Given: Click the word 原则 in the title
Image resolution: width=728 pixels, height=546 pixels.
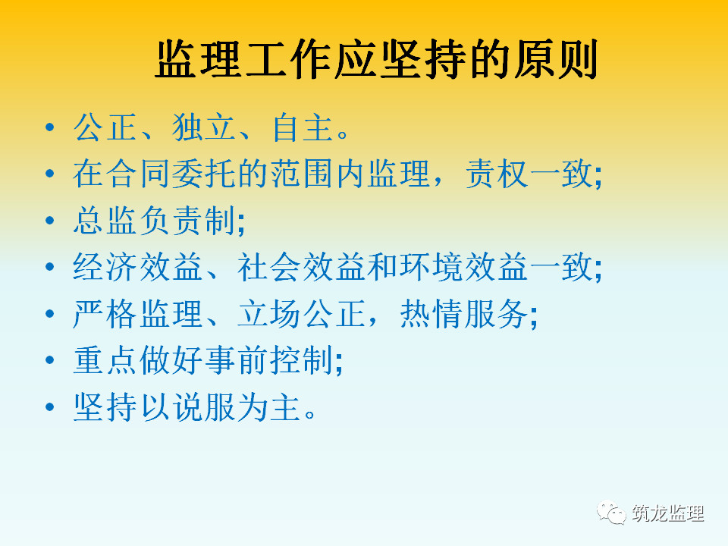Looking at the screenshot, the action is pyautogui.click(x=555, y=59).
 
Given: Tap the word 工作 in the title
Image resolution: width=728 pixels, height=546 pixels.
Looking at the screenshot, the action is pyautogui.click(x=288, y=59).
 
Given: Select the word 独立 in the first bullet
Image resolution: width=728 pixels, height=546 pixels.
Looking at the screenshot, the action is pyautogui.click(x=204, y=127).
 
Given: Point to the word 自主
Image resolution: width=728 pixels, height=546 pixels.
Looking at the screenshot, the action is pyautogui.click(x=302, y=127).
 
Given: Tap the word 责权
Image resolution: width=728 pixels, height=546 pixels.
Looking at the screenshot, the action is pyautogui.click(x=497, y=174).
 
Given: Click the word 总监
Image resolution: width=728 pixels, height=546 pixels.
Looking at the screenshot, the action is pyautogui.click(x=105, y=221).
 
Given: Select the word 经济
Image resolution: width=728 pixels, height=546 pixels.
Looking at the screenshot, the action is pyautogui.click(x=105, y=267).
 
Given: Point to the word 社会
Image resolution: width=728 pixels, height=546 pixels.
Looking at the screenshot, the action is pyautogui.click(x=269, y=267).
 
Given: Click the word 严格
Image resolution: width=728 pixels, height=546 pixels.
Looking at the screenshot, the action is pyautogui.click(x=105, y=314).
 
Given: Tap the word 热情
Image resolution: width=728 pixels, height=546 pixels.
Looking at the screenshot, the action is pyautogui.click(x=431, y=314).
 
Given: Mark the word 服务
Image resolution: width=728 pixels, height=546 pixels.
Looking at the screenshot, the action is pyautogui.click(x=497, y=314).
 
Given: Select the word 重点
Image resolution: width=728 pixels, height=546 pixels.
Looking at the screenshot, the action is pyautogui.click(x=105, y=360).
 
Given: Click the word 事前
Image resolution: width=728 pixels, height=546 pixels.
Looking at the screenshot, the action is pyautogui.click(x=237, y=360).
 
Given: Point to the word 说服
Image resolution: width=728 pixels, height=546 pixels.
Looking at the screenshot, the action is pyautogui.click(x=204, y=407).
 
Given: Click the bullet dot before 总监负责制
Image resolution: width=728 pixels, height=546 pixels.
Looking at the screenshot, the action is pyautogui.click(x=50, y=221).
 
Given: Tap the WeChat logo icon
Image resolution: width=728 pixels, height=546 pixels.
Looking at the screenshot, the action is pyautogui.click(x=611, y=513).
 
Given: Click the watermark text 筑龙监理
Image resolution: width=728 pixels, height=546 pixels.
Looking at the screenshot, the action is pyautogui.click(x=667, y=513).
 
